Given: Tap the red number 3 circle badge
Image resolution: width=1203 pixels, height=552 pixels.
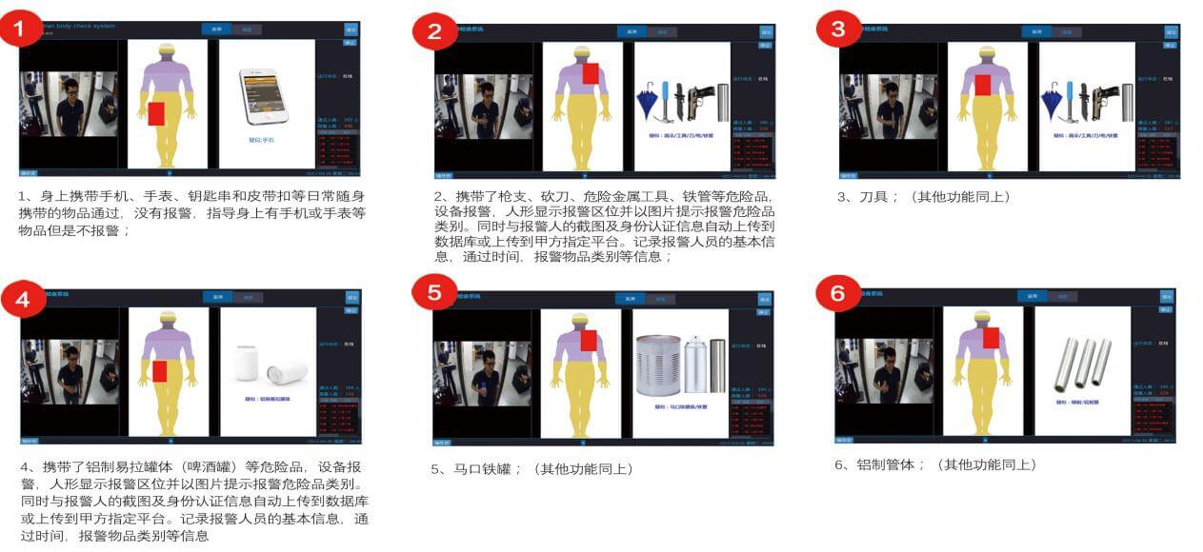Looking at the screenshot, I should pos(838,30).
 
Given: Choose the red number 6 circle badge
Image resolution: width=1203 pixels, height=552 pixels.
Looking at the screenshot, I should pos(838,293).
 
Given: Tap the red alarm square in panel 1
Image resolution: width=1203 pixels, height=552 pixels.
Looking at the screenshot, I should pos(157,114).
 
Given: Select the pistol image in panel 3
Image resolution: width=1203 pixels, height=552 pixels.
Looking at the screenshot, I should pos(1105,99).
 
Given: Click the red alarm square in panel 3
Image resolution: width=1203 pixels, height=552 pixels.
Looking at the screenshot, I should pos(983,85).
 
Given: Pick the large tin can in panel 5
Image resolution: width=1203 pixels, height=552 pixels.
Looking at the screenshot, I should pos(658,365).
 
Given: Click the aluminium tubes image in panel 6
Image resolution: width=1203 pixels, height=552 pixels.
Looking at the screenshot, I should pos(1082,364).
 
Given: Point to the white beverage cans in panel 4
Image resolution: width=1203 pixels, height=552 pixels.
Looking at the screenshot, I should pos(271,365).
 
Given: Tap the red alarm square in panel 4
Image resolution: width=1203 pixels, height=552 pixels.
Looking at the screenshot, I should pos(159,371).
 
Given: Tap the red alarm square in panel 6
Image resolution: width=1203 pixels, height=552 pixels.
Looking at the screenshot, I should pos(992,338).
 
